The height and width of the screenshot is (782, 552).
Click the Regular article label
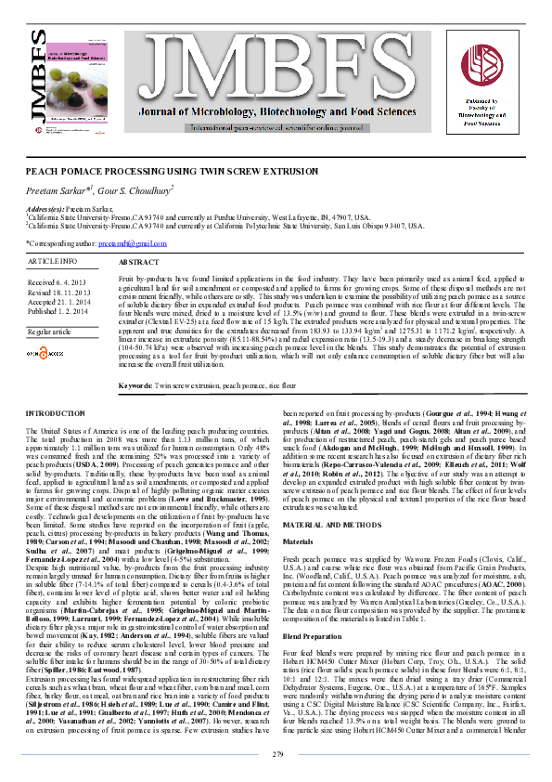[x=50, y=331]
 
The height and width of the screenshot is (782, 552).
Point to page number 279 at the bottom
[x=276, y=755]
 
